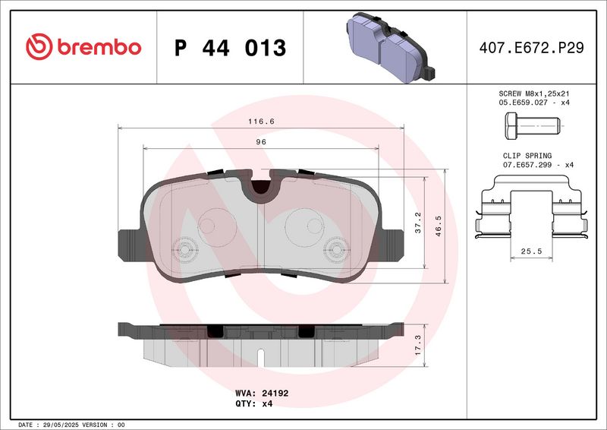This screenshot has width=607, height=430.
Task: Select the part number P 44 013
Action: click(x=230, y=48)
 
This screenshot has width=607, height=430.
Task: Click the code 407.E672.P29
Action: click(x=531, y=48)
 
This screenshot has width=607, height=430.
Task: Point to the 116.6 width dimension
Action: click(x=261, y=122)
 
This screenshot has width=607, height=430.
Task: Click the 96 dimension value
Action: click(x=261, y=141)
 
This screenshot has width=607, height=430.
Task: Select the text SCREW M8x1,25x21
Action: click(x=530, y=92)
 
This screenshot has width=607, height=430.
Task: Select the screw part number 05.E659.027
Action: click(x=521, y=101)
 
